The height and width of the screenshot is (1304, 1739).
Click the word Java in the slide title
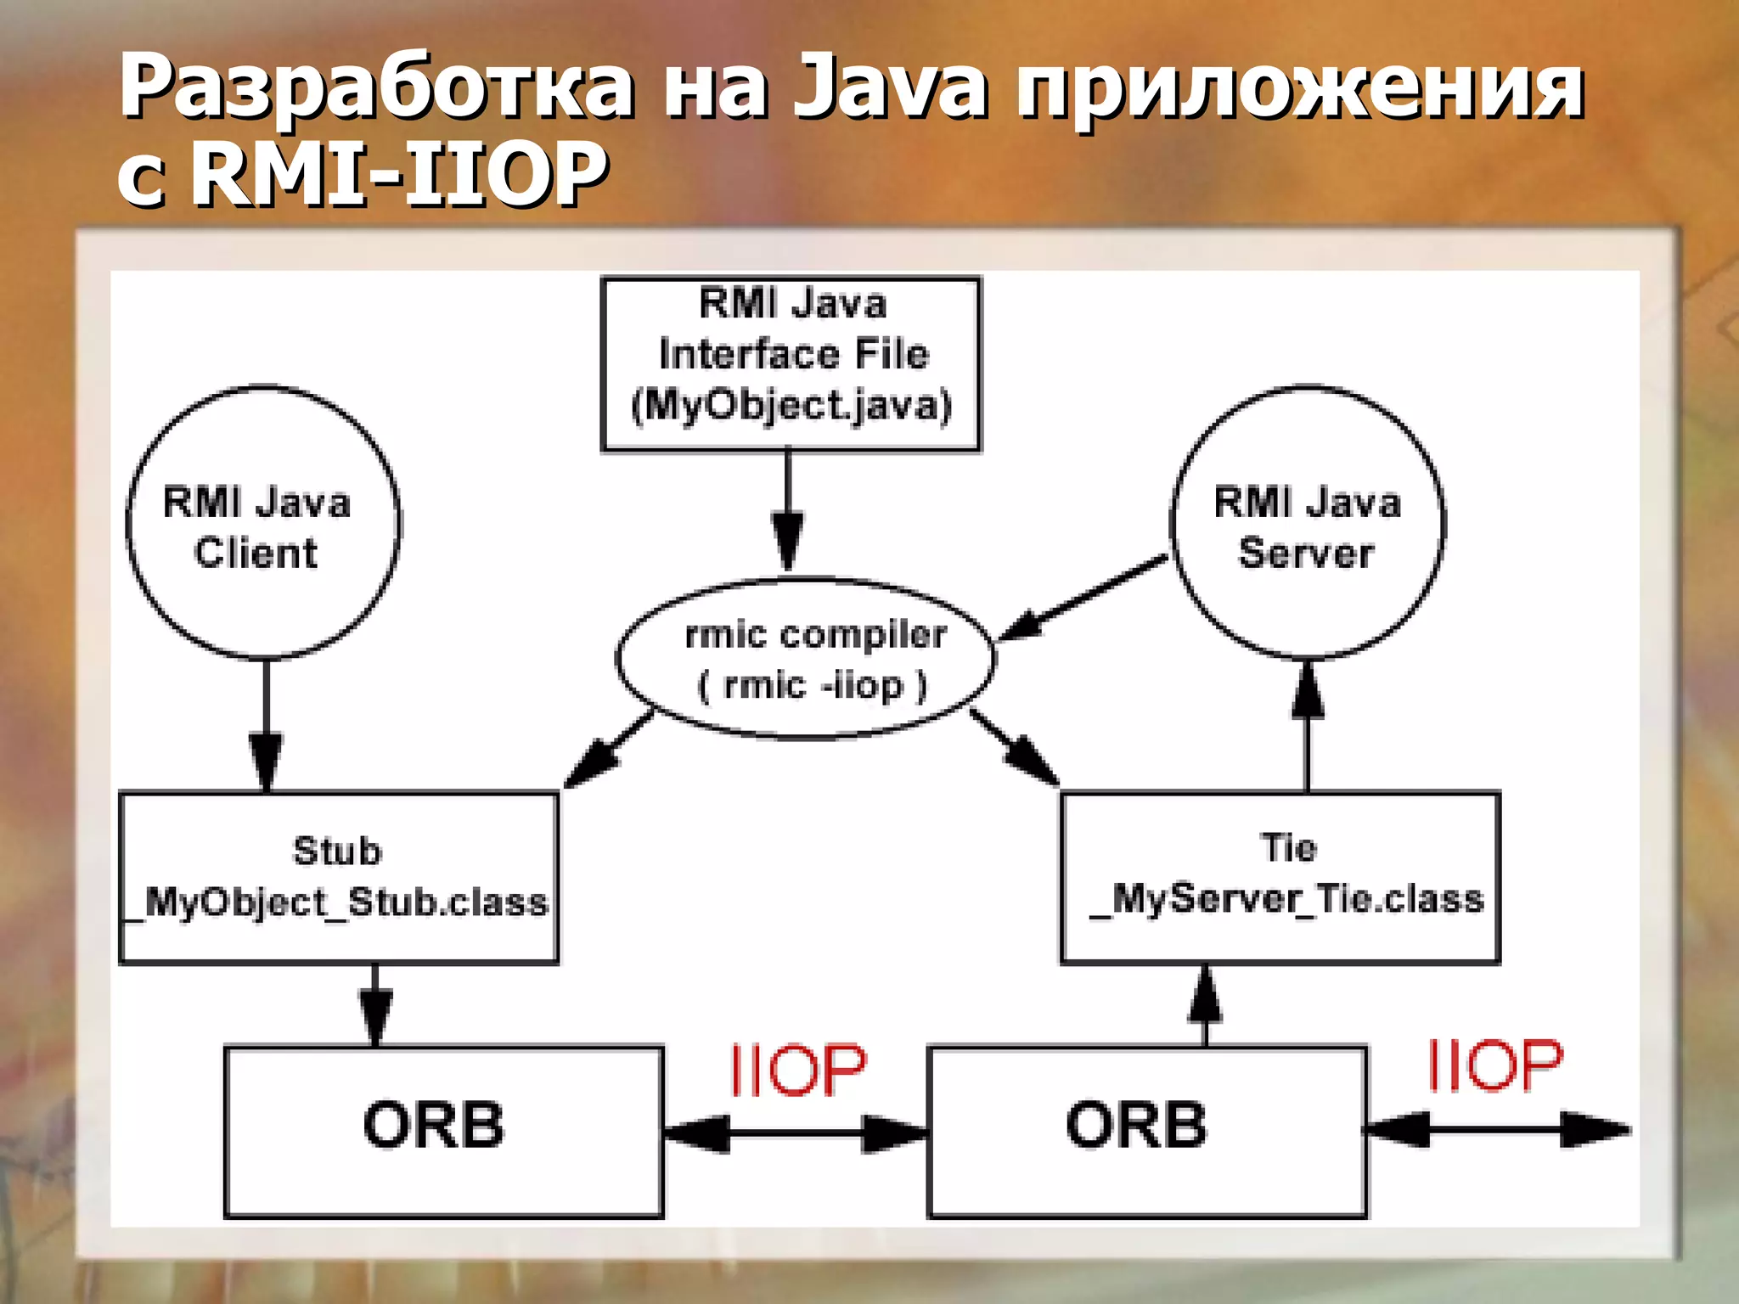click(x=889, y=85)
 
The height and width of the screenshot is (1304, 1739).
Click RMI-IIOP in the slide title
click(x=399, y=174)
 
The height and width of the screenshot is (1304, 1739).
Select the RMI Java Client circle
click(x=262, y=523)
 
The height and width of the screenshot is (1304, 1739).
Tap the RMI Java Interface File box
click(x=790, y=363)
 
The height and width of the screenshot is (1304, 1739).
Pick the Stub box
click(x=338, y=876)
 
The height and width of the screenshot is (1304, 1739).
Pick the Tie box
click(x=1280, y=876)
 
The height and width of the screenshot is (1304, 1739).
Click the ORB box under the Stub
click(x=442, y=1130)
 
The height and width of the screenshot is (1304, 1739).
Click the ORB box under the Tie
click(x=1146, y=1130)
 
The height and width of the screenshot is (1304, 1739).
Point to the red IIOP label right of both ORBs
click(x=1494, y=1065)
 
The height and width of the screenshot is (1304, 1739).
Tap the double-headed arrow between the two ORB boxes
click(x=795, y=1133)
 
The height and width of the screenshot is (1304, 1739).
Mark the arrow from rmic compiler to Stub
click(x=608, y=750)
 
